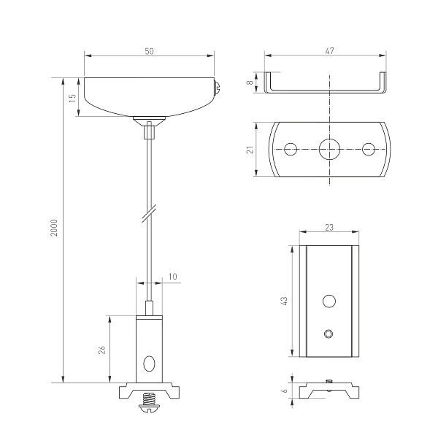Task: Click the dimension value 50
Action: click(x=150, y=50)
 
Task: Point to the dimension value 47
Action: click(x=329, y=50)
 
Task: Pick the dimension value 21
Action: click(x=250, y=149)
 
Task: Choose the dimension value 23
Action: click(x=330, y=228)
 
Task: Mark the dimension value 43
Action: click(x=285, y=301)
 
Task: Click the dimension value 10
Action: click(x=172, y=276)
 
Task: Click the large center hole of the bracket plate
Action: click(x=330, y=149)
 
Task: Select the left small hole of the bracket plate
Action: click(x=291, y=149)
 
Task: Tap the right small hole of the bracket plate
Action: click(x=369, y=149)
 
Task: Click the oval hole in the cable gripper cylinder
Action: click(x=149, y=363)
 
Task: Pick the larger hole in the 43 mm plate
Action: click(x=330, y=300)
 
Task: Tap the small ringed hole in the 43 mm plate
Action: click(x=329, y=334)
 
